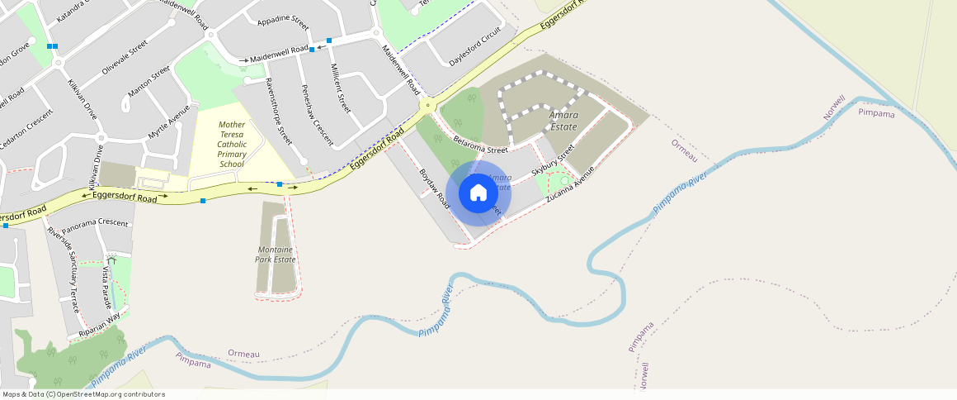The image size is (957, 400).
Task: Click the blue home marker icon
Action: (x=478, y=193)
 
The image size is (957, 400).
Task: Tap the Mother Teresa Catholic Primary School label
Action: (x=231, y=144)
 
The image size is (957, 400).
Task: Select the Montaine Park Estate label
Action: (x=276, y=254)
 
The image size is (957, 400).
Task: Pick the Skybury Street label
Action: (x=553, y=160)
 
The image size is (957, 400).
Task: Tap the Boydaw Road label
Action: (x=433, y=188)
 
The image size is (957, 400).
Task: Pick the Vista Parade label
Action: (x=105, y=286)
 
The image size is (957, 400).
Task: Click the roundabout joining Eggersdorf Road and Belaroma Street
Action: (x=427, y=105)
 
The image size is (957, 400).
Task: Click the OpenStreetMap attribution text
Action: (x=83, y=394)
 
